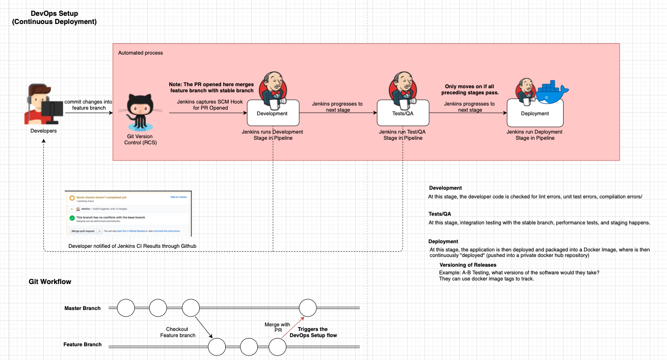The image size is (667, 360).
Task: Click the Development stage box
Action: pyautogui.click(x=273, y=113)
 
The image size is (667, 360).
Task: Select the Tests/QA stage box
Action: pyautogui.click(x=403, y=113)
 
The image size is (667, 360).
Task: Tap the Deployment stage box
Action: pyautogui.click(x=535, y=113)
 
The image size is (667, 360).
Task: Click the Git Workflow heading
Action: pyautogui.click(x=50, y=281)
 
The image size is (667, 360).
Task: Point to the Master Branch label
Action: pyautogui.click(x=83, y=308)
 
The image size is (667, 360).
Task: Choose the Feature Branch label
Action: pyautogui.click(x=83, y=345)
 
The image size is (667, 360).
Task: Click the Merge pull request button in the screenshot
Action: pyautogui.click(x=83, y=230)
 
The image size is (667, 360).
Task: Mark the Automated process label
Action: pyautogui.click(x=141, y=53)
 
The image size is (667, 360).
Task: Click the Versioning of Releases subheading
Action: pyautogui.click(x=468, y=265)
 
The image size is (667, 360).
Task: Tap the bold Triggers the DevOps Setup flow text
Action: pyautogui.click(x=313, y=332)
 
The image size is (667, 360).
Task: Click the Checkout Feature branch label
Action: pyautogui.click(x=177, y=332)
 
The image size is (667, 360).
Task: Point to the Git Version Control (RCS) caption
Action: pyautogui.click(x=141, y=139)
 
